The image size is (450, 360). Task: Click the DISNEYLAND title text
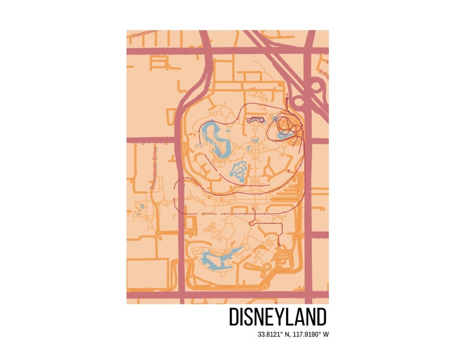(278, 317)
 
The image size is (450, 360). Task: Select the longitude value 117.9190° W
(310, 334)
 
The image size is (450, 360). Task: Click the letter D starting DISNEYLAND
(233, 317)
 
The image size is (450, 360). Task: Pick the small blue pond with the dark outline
(256, 120)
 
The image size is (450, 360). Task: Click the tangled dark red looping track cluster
(289, 128)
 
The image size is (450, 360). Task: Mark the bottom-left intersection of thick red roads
(182, 295)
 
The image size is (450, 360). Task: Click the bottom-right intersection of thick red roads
(308, 295)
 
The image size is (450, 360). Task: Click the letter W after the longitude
(326, 334)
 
